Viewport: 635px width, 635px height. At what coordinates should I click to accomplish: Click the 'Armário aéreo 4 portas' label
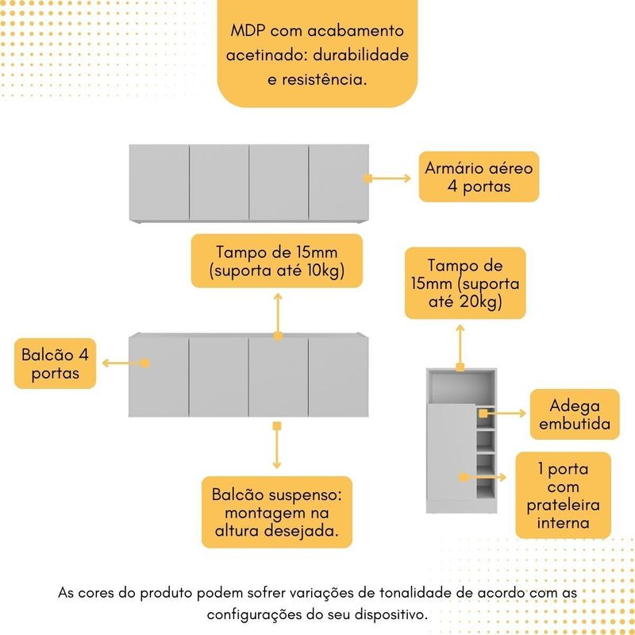pyautogui.click(x=479, y=176)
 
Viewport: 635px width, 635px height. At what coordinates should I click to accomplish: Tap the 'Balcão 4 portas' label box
pyautogui.click(x=55, y=364)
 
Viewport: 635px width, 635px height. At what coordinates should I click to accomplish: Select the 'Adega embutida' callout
pyautogui.click(x=575, y=414)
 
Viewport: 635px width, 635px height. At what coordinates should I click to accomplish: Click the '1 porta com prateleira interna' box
pyautogui.click(x=563, y=495)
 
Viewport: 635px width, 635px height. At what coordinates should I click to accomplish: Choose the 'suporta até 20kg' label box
pyautogui.click(x=465, y=283)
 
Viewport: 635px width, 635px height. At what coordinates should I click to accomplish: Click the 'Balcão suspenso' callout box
pyautogui.click(x=277, y=512)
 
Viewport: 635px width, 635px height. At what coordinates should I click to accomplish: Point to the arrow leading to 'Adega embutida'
pyautogui.click(x=502, y=414)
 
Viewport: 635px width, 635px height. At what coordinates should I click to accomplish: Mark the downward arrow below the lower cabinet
pyautogui.click(x=277, y=445)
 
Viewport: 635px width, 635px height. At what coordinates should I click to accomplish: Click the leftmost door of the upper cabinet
pyautogui.click(x=160, y=183)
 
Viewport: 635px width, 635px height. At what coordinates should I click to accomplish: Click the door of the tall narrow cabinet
pyautogui.click(x=452, y=452)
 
